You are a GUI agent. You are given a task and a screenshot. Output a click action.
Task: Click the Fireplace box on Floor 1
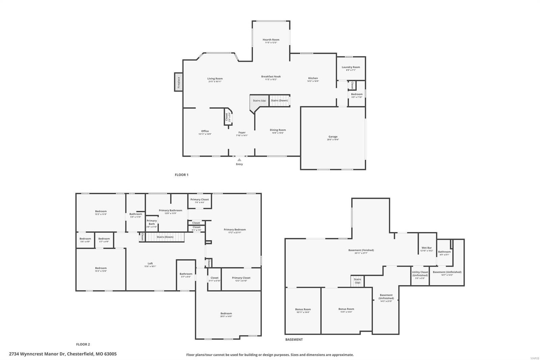(179, 82)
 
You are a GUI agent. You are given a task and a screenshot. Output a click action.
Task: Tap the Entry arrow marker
(239, 160)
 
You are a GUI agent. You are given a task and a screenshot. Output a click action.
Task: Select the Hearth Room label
(271, 40)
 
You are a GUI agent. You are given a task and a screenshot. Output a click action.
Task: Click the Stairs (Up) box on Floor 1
(259, 101)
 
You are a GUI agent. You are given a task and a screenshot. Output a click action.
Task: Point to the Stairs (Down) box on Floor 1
(279, 100)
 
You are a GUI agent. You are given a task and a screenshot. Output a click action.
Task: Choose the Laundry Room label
(351, 67)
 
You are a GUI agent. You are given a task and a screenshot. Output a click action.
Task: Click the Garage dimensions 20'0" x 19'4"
(333, 139)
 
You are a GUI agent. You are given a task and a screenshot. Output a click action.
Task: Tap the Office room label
(205, 131)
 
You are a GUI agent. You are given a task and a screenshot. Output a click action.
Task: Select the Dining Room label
(278, 130)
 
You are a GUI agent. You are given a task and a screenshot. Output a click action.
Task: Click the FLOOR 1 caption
(181, 175)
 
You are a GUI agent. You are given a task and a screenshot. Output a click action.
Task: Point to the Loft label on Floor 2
(150, 263)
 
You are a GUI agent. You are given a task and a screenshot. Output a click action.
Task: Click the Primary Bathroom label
(170, 210)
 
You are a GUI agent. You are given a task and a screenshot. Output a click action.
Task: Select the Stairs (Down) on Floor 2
(165, 237)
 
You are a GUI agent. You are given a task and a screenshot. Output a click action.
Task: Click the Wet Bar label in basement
(427, 248)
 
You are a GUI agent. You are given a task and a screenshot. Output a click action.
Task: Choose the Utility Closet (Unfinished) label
(420, 274)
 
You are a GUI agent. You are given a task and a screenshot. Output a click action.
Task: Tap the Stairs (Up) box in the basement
(357, 281)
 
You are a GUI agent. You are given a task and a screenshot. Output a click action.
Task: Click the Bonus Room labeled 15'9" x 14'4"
(346, 309)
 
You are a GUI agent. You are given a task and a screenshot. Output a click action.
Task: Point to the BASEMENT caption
(294, 339)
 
